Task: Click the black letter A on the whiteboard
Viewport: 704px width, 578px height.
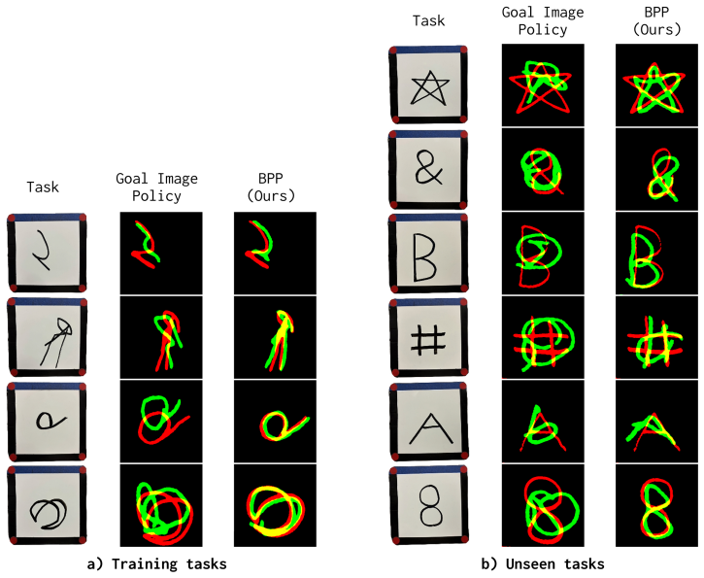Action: [x=430, y=427]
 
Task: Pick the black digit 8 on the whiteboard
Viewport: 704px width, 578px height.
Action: [x=429, y=506]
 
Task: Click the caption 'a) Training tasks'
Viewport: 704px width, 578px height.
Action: [x=156, y=563]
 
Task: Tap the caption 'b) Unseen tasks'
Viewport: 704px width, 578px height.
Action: [x=543, y=563]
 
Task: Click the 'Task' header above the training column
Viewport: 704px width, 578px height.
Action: [x=43, y=187]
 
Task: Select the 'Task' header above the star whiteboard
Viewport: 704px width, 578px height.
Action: [x=429, y=20]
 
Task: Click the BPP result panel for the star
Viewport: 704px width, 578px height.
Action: [x=656, y=85]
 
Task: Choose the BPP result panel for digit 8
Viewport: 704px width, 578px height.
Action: [x=656, y=506]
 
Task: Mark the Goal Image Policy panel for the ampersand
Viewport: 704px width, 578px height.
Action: [x=543, y=169]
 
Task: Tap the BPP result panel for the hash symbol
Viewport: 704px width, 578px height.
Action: [x=656, y=338]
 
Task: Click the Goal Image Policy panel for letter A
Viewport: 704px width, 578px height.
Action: [x=543, y=422]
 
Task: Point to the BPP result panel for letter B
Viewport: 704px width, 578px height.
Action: [x=656, y=254]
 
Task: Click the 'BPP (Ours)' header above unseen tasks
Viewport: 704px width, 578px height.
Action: [x=656, y=21]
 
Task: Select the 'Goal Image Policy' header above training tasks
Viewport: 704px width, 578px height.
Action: [x=156, y=187]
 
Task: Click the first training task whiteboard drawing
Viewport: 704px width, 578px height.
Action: [x=43, y=251]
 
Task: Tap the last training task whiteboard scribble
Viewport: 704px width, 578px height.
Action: [x=49, y=513]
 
